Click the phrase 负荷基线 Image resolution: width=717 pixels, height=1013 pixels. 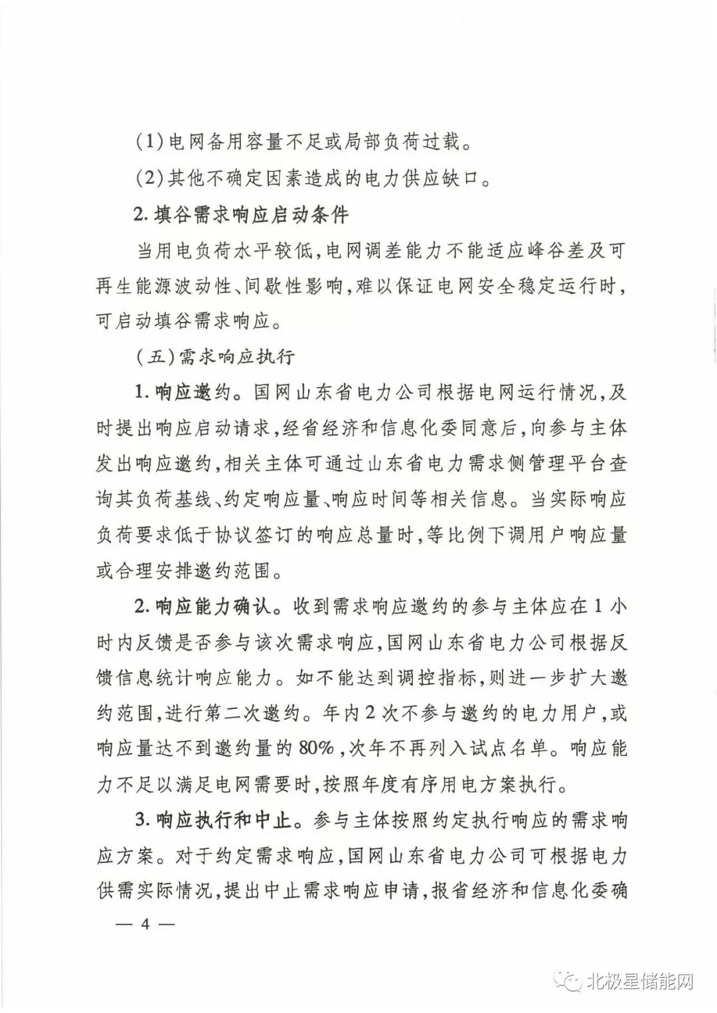171,499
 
